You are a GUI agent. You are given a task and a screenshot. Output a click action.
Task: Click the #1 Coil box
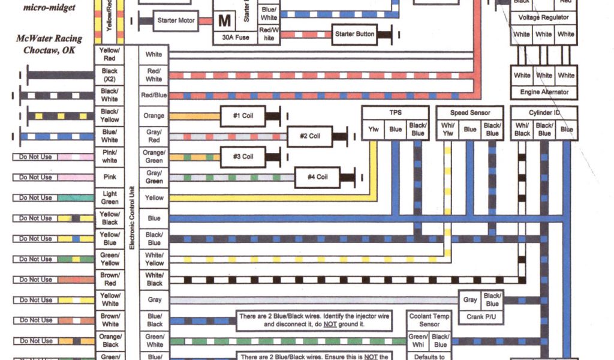pos(243,115)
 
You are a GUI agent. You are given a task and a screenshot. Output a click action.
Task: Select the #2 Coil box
pos(310,136)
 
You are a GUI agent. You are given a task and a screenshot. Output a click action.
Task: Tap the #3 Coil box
pos(243,157)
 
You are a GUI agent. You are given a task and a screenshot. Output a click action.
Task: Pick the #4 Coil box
pos(317,177)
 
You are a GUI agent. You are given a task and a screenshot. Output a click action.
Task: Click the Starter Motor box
pos(176,20)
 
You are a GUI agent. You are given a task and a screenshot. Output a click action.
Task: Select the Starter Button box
pos(354,34)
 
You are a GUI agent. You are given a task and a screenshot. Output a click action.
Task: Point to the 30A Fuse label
pos(236,37)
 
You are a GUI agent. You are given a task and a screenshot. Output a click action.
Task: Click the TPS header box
pos(395,112)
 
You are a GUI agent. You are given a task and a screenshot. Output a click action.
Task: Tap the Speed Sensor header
pos(470,112)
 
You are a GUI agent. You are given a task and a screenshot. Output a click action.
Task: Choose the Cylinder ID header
pos(544,112)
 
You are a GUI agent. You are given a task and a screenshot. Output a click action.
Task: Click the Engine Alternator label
pos(544,92)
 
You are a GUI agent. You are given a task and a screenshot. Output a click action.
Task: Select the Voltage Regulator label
pos(544,17)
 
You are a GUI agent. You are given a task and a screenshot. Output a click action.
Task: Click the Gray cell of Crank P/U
pos(470,299)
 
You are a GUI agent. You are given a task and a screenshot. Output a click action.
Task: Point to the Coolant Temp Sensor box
pos(429,320)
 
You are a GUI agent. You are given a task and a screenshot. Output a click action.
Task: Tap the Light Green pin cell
pos(110,197)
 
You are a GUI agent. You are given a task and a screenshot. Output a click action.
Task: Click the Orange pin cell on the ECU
pos(154,116)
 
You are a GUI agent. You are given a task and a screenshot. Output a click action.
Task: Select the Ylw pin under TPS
pos(373,129)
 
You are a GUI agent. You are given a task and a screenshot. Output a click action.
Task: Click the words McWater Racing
pos(49,38)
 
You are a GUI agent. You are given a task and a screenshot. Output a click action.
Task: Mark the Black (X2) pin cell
pos(110,74)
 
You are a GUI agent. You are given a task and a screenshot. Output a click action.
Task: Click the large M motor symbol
pos(224,21)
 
